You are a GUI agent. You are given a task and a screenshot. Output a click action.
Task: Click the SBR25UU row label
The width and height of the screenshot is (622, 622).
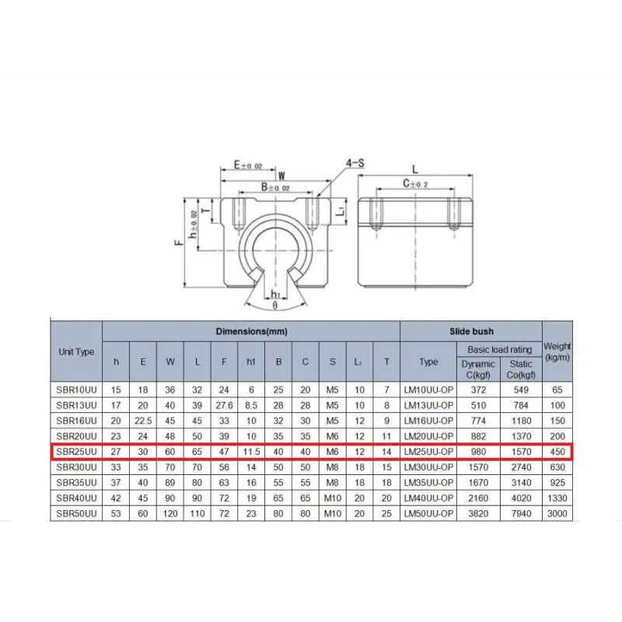(x=76, y=452)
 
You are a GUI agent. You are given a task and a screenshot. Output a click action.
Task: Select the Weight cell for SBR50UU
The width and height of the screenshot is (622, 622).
(x=557, y=513)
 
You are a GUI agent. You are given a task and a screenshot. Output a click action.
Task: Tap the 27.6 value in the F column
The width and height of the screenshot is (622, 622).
(x=224, y=405)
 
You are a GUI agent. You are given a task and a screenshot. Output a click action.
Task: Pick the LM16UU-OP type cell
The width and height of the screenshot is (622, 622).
(x=428, y=421)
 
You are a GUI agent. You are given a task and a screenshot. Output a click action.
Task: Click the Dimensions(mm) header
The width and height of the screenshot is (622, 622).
(x=251, y=331)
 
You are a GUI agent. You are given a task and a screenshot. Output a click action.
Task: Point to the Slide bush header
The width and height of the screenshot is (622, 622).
(x=471, y=331)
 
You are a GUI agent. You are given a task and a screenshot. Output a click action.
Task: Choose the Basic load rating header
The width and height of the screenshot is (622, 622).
(x=499, y=349)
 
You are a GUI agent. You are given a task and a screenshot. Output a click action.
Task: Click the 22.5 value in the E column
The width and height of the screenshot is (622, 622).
(x=143, y=421)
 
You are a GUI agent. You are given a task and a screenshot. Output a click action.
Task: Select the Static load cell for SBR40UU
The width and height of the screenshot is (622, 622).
(x=521, y=498)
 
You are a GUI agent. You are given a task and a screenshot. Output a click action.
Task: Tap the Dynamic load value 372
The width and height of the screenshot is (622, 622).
(x=478, y=390)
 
